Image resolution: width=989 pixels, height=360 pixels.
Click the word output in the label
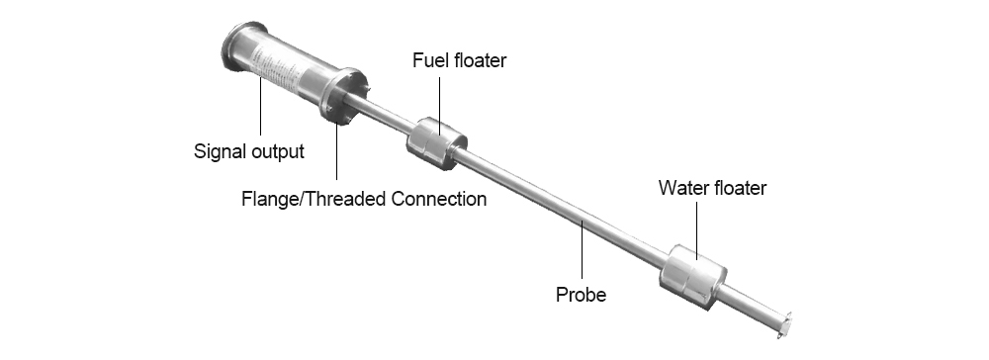[275, 153]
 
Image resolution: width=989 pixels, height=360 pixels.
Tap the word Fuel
[429, 61]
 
